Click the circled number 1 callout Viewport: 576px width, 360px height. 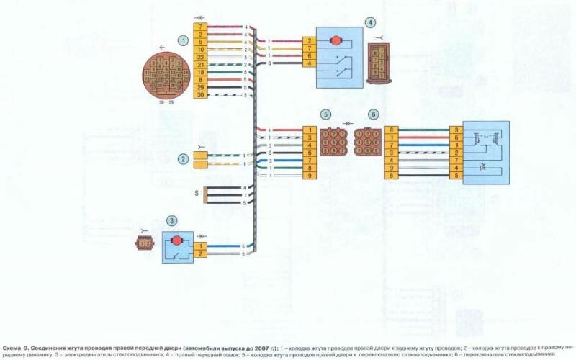(184, 40)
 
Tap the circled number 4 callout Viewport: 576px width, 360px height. (370, 23)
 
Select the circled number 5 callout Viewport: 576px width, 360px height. (327, 114)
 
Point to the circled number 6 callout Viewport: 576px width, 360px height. (372, 114)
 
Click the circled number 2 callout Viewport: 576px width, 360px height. (184, 159)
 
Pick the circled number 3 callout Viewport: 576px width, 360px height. (171, 220)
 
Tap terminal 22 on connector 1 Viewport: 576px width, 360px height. (201, 57)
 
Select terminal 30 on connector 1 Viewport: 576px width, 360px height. (201, 95)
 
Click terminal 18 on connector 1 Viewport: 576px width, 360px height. (201, 72)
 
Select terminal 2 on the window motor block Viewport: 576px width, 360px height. (201, 253)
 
